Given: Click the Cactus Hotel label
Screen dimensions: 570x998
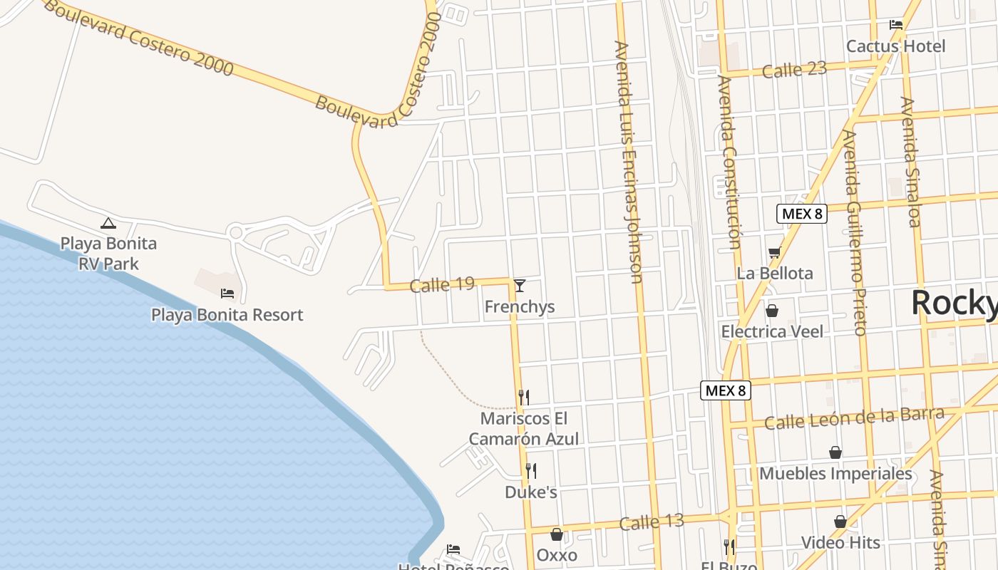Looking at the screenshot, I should point(895,46).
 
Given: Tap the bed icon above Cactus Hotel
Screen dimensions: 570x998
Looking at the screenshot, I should point(896,25).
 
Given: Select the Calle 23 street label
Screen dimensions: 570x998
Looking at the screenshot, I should point(794,70).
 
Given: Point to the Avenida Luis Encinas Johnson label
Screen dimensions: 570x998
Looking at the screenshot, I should point(628,162).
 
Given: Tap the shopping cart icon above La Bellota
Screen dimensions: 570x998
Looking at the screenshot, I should point(774,252).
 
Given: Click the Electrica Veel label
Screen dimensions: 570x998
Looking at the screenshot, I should point(772,331).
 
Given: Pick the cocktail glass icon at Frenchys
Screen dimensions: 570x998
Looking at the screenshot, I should point(520,286).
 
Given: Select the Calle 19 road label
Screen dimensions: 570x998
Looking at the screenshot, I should point(442,285).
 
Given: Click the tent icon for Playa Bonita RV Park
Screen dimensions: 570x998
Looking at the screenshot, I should point(108,223).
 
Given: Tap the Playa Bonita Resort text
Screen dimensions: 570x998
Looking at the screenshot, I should point(227,315).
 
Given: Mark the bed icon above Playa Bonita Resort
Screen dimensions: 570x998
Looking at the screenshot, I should point(227,293).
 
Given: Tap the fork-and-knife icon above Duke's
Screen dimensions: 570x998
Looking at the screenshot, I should point(530,470).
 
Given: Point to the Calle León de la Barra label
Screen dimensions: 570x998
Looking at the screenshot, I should point(854,418).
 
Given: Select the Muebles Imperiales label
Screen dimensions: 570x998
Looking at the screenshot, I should point(835,474).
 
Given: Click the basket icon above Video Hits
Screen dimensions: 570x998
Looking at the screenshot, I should point(840,522).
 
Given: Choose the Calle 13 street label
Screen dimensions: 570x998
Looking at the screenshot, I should point(652,522).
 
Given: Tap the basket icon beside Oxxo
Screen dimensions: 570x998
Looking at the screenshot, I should point(557,534).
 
